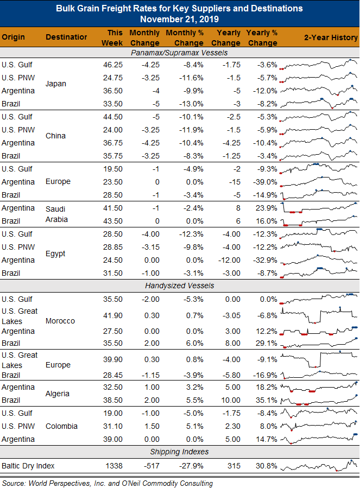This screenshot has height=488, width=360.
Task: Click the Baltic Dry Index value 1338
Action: click(x=113, y=466)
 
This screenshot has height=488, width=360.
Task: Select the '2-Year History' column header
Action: click(x=331, y=37)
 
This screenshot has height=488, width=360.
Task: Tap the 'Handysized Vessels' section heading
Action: click(x=179, y=286)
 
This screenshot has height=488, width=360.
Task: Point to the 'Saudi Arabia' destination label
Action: click(x=56, y=214)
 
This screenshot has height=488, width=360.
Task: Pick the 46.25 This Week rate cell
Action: click(x=113, y=65)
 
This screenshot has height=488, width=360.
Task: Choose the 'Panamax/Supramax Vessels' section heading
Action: click(x=179, y=53)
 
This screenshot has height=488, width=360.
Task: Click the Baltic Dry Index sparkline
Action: click(x=319, y=466)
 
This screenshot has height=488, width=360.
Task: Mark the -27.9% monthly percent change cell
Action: click(x=191, y=466)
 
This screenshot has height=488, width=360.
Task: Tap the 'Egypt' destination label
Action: click(x=55, y=253)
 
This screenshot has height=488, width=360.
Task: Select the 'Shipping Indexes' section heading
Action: click(x=179, y=452)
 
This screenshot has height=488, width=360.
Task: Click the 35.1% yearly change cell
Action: click(x=266, y=400)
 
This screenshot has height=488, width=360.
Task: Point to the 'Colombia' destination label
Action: click(x=61, y=426)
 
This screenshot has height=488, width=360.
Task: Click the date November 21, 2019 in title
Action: click(x=179, y=20)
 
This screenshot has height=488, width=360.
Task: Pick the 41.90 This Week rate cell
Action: click(x=113, y=315)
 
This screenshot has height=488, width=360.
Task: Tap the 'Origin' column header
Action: click(x=13, y=37)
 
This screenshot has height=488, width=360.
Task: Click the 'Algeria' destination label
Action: click(x=58, y=394)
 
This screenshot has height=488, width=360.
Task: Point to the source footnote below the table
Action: click(x=108, y=483)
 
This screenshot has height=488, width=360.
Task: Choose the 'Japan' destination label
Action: click(x=56, y=84)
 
